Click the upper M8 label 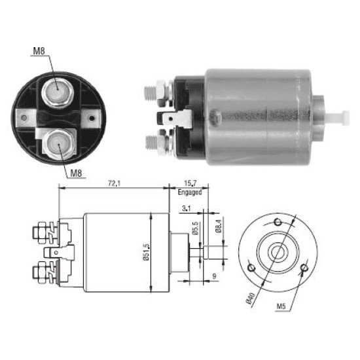click(39, 51)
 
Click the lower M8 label click(76, 173)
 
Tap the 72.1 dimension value click(114, 183)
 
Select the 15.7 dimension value click(190, 183)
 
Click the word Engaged click(190, 192)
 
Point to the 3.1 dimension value click(186, 208)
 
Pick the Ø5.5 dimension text click(196, 228)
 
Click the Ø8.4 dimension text click(219, 226)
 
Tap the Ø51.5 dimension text click(146, 252)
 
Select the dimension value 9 click(214, 276)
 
